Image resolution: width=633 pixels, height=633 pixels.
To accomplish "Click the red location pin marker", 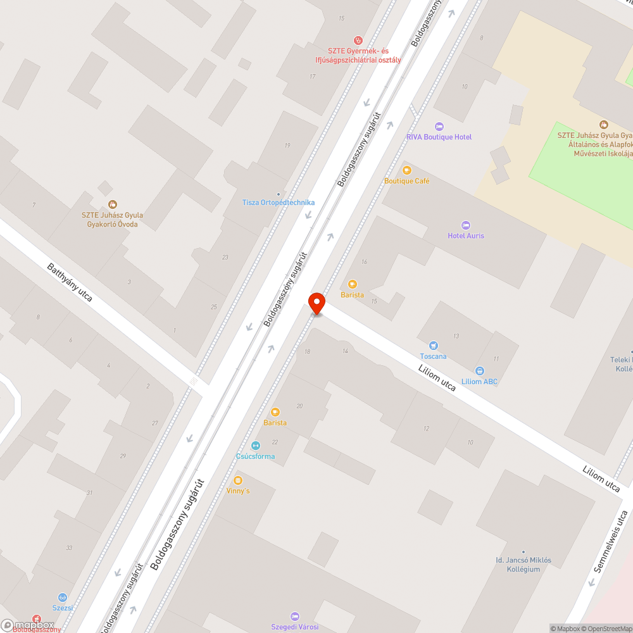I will coord(316,303).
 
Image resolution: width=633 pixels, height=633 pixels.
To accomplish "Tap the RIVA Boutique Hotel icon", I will coord(440,127).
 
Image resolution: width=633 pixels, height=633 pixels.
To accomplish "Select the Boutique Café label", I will coord(406,181).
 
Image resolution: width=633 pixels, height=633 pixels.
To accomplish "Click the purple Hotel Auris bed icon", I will coord(466,225).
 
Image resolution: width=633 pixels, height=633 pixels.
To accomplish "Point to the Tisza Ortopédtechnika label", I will coord(279,203).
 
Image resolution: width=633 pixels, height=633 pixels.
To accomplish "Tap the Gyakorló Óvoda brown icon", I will coord(113,204).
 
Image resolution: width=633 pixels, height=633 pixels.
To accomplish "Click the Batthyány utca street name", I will coord(70,282).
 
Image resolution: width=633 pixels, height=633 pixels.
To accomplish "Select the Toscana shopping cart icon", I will coord(433,346).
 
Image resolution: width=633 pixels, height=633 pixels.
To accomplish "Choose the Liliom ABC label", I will coord(479,382).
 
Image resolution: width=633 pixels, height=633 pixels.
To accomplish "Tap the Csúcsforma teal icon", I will coord(256,446).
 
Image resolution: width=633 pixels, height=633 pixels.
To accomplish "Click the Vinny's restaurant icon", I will coord(238,480).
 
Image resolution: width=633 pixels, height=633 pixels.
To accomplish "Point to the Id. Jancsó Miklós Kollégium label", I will coord(523,565).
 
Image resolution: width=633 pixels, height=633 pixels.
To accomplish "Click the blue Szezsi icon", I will coord(62,597).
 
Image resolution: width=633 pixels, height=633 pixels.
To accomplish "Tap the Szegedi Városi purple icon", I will coord(294,616).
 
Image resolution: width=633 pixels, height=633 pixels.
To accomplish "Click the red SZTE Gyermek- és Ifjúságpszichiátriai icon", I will coord(358,40).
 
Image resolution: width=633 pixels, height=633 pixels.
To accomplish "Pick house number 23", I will coord(225,257).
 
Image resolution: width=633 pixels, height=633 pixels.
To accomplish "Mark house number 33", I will coord(69,548).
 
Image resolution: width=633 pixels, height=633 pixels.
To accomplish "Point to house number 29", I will coord(123,456).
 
